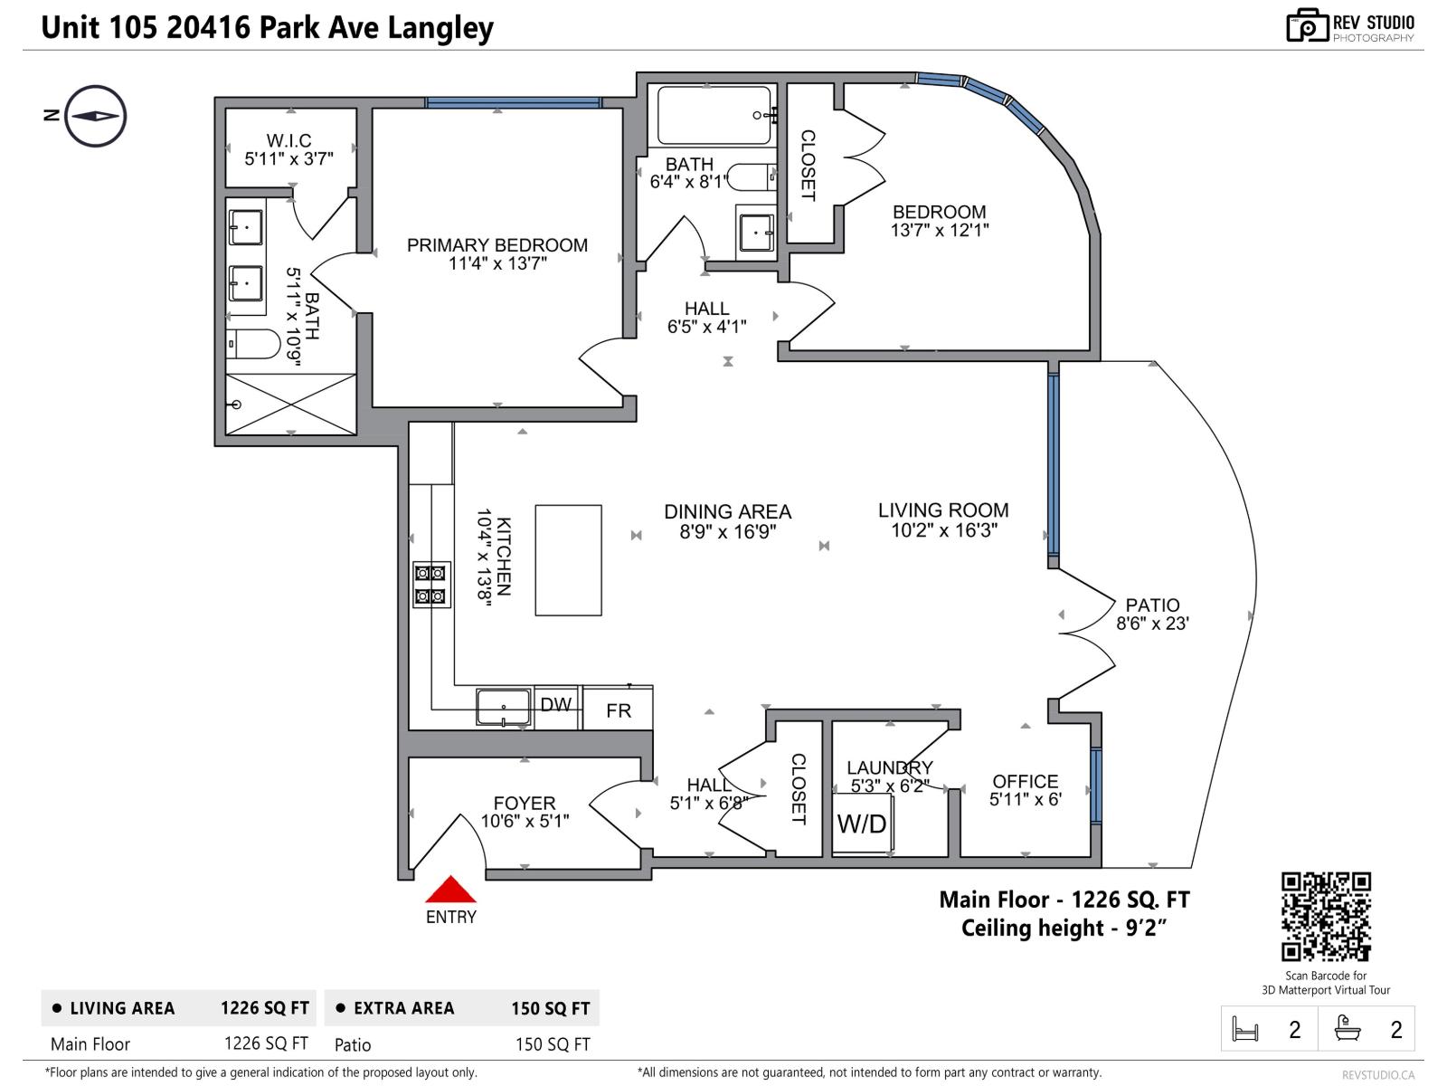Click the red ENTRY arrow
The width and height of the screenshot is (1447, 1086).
[450, 891]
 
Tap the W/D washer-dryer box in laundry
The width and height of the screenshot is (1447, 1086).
[862, 824]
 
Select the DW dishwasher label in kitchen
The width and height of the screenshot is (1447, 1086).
[555, 704]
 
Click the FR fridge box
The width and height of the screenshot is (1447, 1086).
[619, 710]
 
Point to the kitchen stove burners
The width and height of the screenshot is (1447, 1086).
[430, 585]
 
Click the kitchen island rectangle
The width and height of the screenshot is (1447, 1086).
[568, 561]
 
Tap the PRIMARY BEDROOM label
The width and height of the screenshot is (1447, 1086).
[497, 245]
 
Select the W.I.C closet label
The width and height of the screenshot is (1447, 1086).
[288, 140]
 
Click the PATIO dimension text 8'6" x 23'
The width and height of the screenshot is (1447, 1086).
[1152, 624]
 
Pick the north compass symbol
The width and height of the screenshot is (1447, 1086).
[95, 116]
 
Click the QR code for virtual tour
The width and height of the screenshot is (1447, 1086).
[1326, 916]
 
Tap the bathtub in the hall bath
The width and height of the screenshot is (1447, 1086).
[714, 115]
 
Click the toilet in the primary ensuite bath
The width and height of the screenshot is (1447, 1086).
[255, 344]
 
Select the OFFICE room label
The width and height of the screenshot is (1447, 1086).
[1025, 781]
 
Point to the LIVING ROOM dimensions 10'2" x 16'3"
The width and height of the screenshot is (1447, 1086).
[943, 531]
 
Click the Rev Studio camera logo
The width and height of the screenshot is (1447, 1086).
[1308, 25]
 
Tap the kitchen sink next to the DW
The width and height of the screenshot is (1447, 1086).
[503, 707]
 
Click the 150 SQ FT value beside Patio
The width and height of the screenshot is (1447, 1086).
[552, 1044]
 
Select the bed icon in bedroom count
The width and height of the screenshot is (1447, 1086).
[1245, 1029]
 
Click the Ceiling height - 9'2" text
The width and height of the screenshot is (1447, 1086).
[1064, 929]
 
